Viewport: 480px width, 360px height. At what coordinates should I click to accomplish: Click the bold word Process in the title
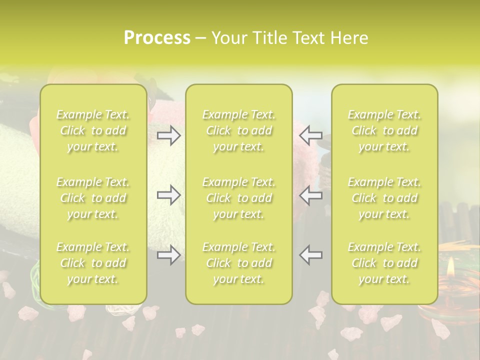157,38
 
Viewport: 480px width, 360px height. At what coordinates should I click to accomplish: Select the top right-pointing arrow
168,135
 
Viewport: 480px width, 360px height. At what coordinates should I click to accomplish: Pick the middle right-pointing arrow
168,195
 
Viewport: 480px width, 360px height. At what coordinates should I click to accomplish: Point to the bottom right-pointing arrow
168,255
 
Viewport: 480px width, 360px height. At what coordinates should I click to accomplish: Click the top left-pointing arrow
311,135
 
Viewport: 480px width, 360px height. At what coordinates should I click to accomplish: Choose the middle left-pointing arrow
311,195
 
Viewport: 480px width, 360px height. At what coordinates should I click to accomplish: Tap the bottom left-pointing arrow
311,255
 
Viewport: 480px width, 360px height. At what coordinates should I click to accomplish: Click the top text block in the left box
93,130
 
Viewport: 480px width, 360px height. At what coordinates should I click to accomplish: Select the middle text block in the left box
93,198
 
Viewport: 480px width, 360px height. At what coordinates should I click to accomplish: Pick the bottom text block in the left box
93,263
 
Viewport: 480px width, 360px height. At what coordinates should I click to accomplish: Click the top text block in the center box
239,130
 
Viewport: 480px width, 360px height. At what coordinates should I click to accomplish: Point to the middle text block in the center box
239,198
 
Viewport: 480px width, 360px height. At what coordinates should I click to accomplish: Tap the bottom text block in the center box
239,263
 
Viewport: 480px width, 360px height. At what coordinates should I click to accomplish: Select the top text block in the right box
384,130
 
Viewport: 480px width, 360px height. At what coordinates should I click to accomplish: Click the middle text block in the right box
384,198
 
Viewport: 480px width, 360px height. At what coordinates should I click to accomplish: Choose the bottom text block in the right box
384,263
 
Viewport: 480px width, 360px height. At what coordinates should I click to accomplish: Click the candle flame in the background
451,266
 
